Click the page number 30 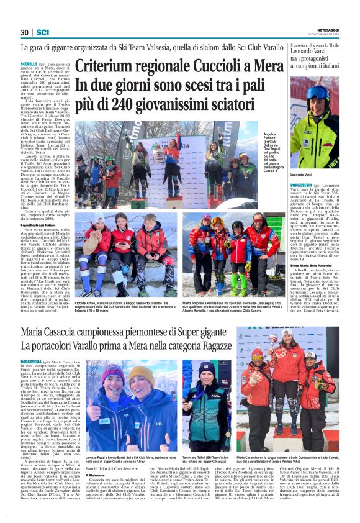(24, 32)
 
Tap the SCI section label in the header (43, 32)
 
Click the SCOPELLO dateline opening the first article (29, 64)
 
